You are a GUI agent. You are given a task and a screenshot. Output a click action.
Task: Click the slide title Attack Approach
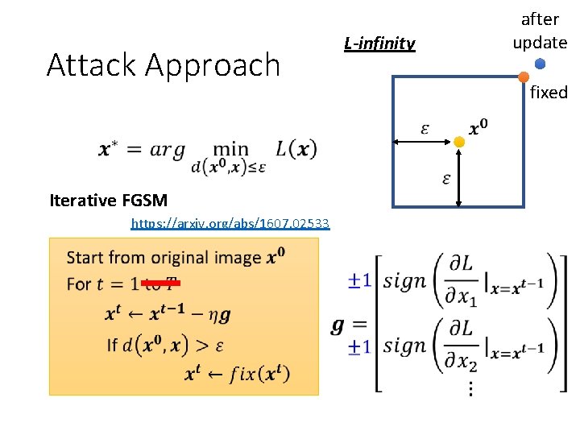164,65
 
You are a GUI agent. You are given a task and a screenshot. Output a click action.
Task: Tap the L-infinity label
379,43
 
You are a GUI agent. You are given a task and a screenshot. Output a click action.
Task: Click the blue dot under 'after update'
540,64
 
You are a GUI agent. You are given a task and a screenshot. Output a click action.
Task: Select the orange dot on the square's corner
524,77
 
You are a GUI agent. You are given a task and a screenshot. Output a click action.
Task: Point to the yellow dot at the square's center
458,142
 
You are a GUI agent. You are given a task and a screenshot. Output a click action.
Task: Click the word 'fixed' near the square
549,93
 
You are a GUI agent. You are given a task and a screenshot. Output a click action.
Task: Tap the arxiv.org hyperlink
230,223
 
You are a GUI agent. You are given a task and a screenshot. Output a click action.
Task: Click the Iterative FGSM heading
109,201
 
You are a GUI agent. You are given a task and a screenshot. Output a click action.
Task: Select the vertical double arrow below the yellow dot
458,177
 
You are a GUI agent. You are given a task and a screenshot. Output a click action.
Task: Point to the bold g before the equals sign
338,325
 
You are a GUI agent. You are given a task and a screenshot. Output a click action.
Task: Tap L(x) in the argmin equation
296,148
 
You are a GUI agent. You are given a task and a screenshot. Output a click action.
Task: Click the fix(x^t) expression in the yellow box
259,374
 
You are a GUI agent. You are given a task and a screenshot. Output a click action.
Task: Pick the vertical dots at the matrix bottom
470,388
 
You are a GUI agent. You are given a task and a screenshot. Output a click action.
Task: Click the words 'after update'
540,31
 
